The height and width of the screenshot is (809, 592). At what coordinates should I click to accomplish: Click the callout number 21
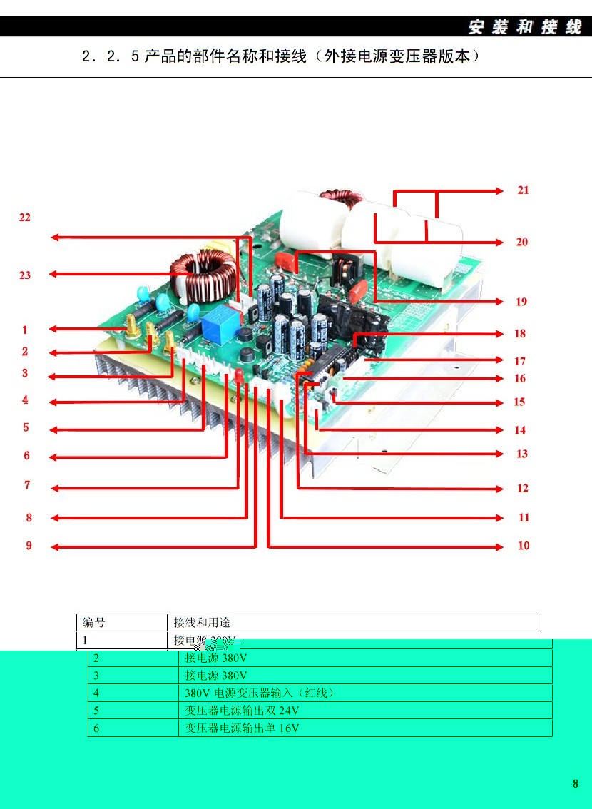[x=523, y=190]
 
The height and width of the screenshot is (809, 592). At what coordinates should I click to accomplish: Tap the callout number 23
[x=25, y=275]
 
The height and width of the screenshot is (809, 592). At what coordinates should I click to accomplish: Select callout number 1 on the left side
[x=24, y=330]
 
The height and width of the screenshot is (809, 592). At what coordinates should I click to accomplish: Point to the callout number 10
[x=524, y=546]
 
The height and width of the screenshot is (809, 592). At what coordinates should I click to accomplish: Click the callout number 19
[x=521, y=302]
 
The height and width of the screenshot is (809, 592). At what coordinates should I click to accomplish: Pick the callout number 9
[x=29, y=546]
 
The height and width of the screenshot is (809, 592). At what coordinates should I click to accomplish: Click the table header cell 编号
[x=93, y=623]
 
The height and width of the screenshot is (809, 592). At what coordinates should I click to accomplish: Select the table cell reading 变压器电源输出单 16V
[x=242, y=728]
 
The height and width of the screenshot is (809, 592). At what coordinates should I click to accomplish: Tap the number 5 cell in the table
[x=96, y=711]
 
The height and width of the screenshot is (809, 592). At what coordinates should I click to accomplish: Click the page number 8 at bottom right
[x=576, y=784]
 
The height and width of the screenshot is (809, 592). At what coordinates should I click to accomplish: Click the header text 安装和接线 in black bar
[x=524, y=27]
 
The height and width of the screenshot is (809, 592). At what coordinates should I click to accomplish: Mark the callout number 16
[x=520, y=379]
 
